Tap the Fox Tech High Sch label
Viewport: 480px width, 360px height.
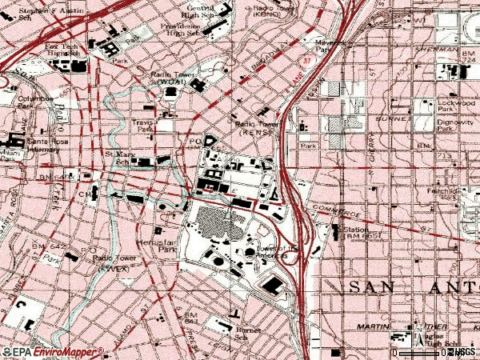pyautogui.click(x=62, y=51)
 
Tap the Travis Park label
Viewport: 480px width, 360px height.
pyautogui.click(x=145, y=126)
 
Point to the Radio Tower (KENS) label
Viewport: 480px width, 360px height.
pyautogui.click(x=254, y=128)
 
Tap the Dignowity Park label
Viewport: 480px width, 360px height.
pyautogui.click(x=457, y=126)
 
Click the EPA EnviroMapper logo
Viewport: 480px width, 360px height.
pyautogui.click(x=52, y=351)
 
